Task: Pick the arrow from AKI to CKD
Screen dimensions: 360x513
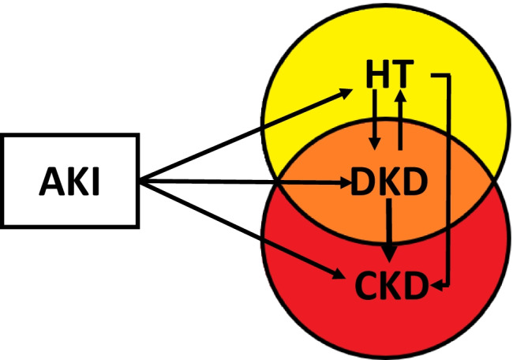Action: pos(245,230)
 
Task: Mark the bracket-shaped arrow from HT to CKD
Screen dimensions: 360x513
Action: pos(448,182)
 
